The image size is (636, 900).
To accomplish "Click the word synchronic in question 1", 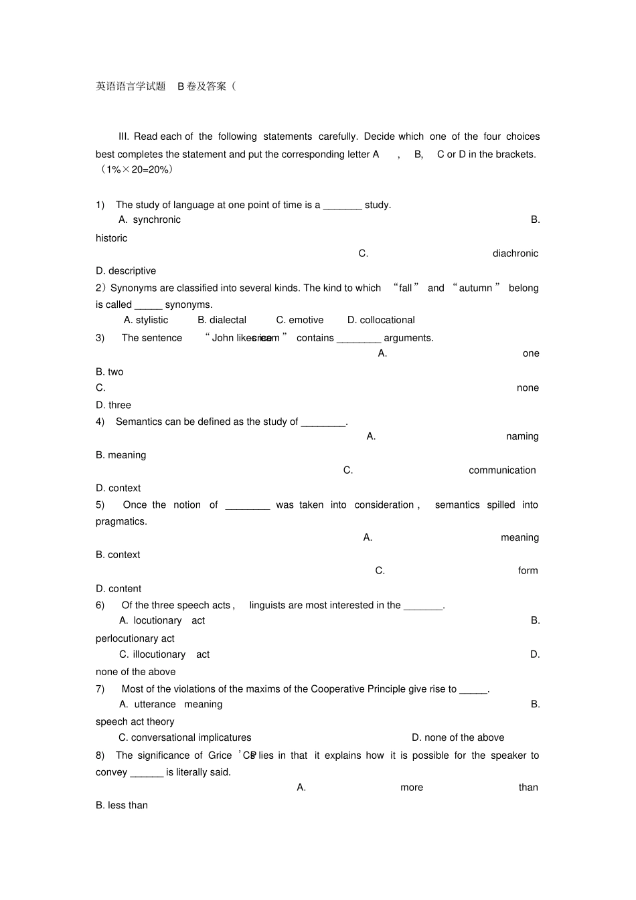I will [157, 220].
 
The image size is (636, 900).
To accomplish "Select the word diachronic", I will [515, 254].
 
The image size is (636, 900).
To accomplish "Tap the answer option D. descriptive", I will [126, 271].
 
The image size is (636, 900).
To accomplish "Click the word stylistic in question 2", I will [152, 321].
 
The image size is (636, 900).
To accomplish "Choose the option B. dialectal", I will [222, 321].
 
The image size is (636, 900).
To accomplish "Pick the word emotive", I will [306, 321].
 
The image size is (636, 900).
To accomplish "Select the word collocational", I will [387, 321].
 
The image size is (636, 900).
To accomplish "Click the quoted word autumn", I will [475, 288].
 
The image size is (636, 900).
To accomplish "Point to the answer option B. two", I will [110, 372].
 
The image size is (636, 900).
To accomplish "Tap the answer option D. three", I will [113, 406].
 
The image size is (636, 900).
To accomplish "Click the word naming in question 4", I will [522, 437].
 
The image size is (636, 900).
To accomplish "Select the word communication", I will [502, 470].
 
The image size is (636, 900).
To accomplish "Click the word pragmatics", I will [121, 522].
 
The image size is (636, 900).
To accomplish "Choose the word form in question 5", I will [528, 571].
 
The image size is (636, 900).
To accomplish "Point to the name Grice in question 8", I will [220, 755].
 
